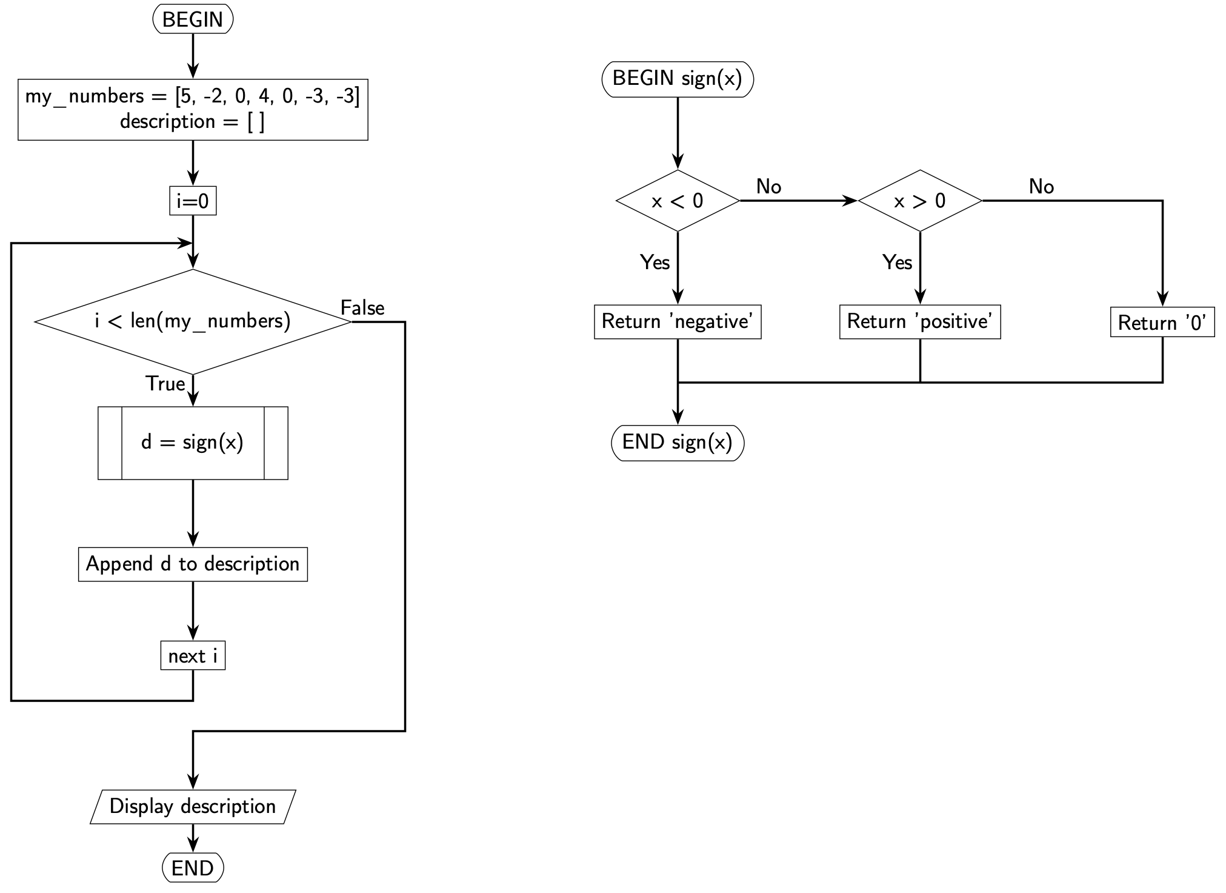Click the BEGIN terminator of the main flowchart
[193, 19]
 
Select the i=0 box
[193, 201]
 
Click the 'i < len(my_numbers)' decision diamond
[193, 321]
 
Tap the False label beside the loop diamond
[362, 308]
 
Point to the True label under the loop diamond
[165, 384]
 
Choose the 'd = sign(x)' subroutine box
[193, 443]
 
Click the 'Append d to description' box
[193, 564]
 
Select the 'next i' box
[193, 656]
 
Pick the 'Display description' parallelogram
[193, 806]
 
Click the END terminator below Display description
[193, 868]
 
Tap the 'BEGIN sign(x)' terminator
[678, 79]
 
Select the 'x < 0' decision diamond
[678, 201]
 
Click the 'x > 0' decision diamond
[920, 201]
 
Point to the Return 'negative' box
[678, 321]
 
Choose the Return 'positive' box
[920, 321]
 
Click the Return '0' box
[1162, 322]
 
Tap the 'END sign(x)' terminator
[678, 443]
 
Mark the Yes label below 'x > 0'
[897, 263]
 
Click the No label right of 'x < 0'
[768, 187]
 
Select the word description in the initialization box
[167, 122]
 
